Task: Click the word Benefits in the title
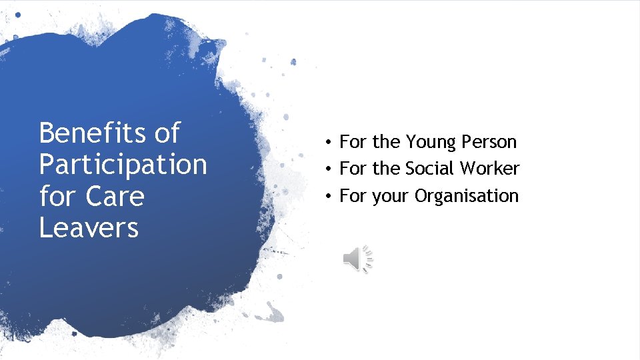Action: (x=93, y=133)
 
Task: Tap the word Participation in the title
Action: (x=123, y=165)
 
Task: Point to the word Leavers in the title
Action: (x=88, y=228)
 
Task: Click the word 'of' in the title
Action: (x=167, y=133)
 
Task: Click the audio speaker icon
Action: (x=357, y=258)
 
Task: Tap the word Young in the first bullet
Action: (x=428, y=142)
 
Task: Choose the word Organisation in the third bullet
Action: (x=466, y=196)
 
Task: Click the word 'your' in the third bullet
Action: (x=391, y=197)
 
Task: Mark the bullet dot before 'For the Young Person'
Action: (x=329, y=143)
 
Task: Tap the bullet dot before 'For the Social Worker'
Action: (x=329, y=169)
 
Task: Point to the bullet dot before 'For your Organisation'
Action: (x=329, y=197)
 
